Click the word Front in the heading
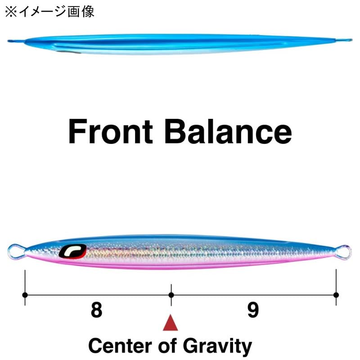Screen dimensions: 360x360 (110, 131)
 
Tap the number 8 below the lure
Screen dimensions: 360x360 (96, 310)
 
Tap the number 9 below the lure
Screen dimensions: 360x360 (253, 310)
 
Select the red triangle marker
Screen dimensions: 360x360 (171, 323)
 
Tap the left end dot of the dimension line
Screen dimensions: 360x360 (25, 295)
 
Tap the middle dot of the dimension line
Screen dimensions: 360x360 (171, 295)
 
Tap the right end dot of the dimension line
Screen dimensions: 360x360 (336, 295)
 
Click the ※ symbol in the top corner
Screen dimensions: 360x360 (10, 12)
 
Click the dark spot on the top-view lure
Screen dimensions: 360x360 (68, 52)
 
